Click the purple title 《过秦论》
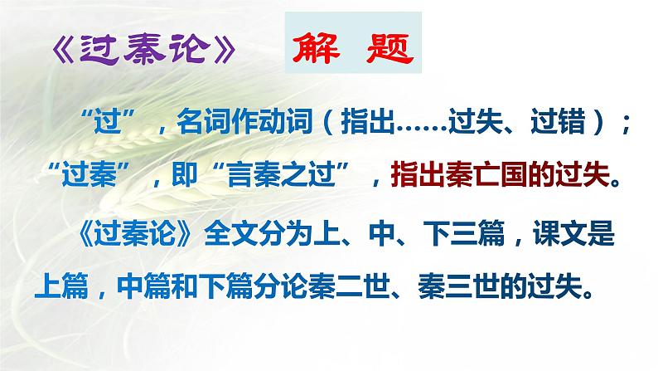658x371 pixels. click(145, 52)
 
